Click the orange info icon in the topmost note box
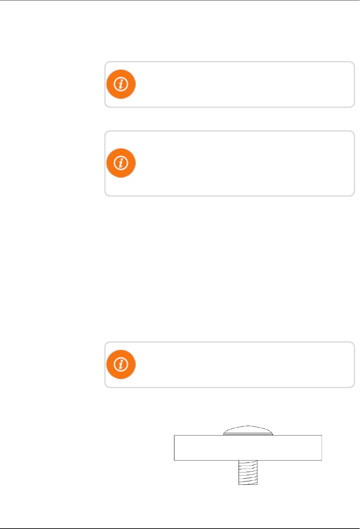(121, 84)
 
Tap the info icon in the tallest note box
(121, 163)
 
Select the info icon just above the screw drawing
(121, 364)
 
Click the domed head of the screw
(248, 430)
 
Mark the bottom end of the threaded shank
(248, 484)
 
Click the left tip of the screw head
(224, 434)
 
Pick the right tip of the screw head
(273, 434)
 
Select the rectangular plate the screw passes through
(248, 448)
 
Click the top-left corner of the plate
(174, 436)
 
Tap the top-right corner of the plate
(322, 436)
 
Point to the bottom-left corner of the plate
(174, 460)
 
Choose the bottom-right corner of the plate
(322, 460)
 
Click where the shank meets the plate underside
(248, 461)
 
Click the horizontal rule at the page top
(180, 0)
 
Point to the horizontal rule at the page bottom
(180, 528)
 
